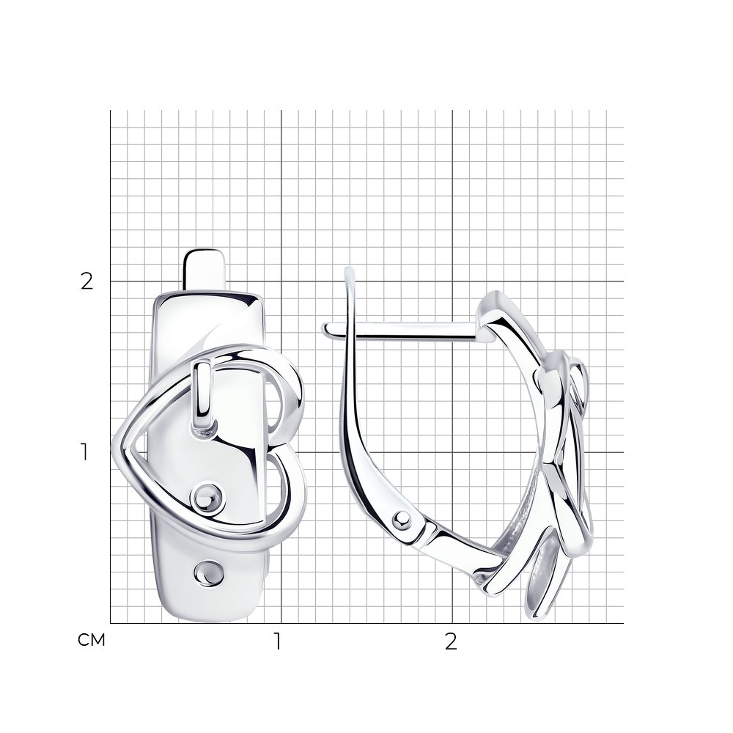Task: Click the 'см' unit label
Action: (x=91, y=640)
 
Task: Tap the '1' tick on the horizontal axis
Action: (x=278, y=642)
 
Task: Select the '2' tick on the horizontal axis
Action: (x=451, y=642)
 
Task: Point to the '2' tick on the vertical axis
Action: (x=87, y=281)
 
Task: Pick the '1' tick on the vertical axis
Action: (x=84, y=452)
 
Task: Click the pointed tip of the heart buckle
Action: (x=114, y=446)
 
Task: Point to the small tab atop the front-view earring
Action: (x=205, y=269)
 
